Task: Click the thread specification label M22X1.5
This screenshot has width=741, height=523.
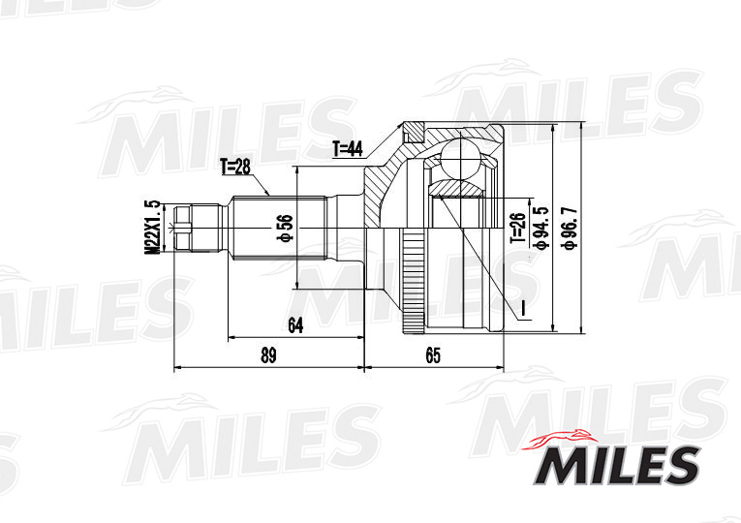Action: [151, 227]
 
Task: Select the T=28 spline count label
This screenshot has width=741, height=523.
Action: [234, 167]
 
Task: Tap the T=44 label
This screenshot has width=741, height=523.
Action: [347, 148]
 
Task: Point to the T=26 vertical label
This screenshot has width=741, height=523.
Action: [517, 230]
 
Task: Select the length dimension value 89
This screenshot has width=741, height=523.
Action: [268, 355]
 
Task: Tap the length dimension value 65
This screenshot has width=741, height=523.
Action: [432, 355]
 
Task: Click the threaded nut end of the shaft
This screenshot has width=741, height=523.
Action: [181, 228]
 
